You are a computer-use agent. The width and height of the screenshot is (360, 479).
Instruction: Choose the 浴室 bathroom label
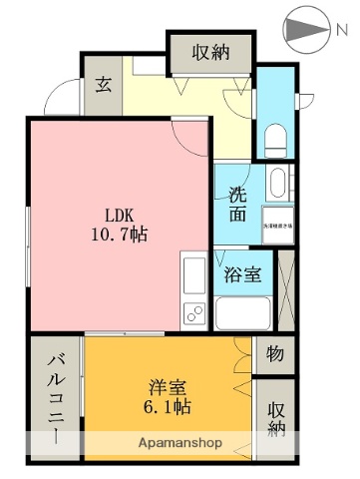point(243,273)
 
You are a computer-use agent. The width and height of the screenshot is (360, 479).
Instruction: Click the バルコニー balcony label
point(56,398)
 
